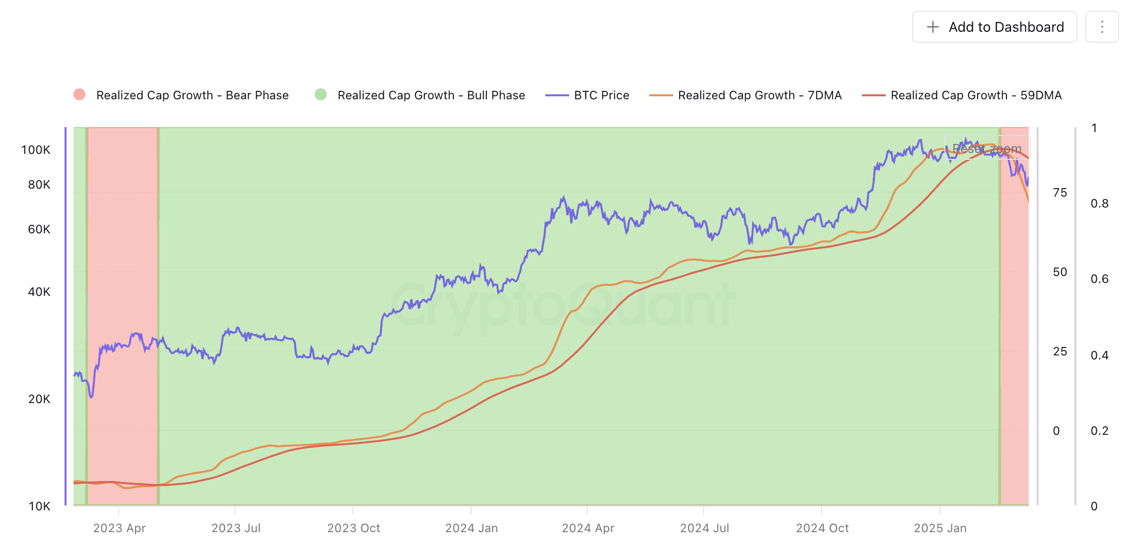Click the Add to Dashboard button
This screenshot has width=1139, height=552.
pyautogui.click(x=994, y=27)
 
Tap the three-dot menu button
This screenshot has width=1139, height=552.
pyautogui.click(x=1102, y=27)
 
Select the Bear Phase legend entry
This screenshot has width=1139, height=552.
pyautogui.click(x=181, y=95)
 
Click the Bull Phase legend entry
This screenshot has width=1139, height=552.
pyautogui.click(x=420, y=95)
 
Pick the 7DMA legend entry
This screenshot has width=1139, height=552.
pyautogui.click(x=746, y=95)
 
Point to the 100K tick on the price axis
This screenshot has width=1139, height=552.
pyautogui.click(x=36, y=150)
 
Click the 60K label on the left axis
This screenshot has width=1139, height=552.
pyautogui.click(x=39, y=229)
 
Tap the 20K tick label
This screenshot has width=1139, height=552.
pyautogui.click(x=39, y=399)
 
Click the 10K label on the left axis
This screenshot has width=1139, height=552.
pyautogui.click(x=39, y=506)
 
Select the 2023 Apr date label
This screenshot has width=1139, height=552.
pyautogui.click(x=119, y=528)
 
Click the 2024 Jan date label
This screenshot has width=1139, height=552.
pyautogui.click(x=471, y=528)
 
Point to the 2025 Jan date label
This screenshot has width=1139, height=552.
pyautogui.click(x=940, y=528)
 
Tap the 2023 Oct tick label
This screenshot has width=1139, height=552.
pyautogui.click(x=354, y=528)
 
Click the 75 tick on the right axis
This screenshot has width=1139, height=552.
pyautogui.click(x=1060, y=193)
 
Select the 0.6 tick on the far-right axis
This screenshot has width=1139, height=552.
pyautogui.click(x=1099, y=279)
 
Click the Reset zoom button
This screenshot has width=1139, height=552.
pyautogui.click(x=987, y=148)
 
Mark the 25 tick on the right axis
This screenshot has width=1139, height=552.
pyautogui.click(x=1060, y=351)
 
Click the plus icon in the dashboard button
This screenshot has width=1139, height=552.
pyautogui.click(x=933, y=27)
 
